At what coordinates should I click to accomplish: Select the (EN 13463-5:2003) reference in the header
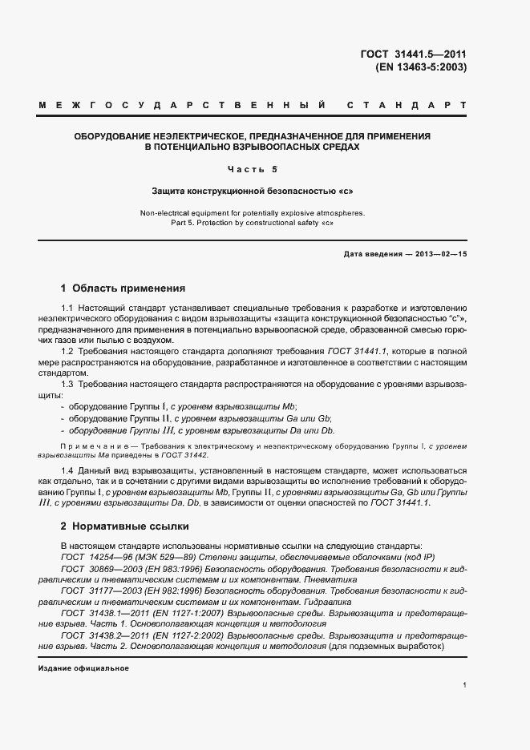420,67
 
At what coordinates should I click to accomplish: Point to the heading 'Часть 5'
252,169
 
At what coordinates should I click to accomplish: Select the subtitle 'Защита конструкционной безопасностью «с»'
252,192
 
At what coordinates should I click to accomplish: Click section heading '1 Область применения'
123,288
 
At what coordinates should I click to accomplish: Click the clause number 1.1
67,308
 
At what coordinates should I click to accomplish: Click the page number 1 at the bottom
464,684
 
